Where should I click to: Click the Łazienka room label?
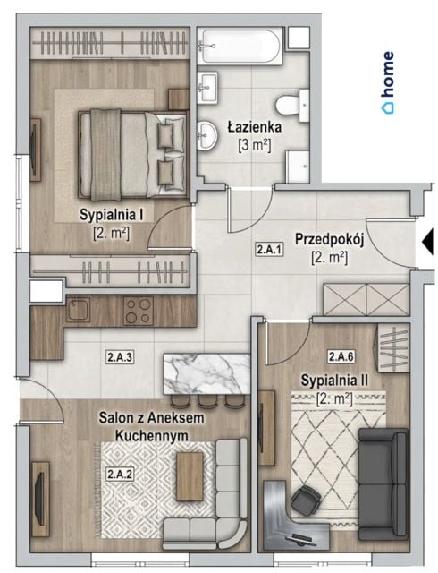[255, 127]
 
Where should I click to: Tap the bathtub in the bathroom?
[241, 47]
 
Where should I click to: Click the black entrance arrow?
[428, 242]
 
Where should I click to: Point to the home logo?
[388, 82]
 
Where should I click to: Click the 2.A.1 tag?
[269, 251]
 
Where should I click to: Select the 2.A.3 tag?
[120, 357]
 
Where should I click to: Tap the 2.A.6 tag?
[341, 356]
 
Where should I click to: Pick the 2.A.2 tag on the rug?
[120, 475]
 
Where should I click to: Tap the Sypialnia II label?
[334, 381]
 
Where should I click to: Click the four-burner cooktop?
[139, 311]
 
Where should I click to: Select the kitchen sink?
[78, 310]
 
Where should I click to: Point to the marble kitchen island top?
[207, 374]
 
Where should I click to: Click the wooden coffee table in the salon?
[190, 476]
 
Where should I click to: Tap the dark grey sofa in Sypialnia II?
[383, 484]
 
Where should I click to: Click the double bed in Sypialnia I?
[132, 155]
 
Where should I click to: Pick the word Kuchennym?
[151, 436]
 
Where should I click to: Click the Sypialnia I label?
[112, 215]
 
